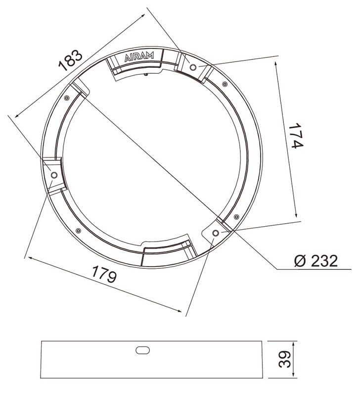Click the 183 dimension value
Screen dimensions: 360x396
coord(70,60)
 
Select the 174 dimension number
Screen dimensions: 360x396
coord(296,136)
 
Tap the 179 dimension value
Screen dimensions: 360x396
coord(104,274)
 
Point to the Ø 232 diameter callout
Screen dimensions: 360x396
coord(316,261)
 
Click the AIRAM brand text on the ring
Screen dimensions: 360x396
coord(139,57)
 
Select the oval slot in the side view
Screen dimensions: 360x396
coord(142,350)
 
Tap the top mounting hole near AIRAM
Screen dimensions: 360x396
coord(193,67)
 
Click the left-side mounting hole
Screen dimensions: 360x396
coord(54,175)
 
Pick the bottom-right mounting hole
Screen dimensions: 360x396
coord(215,233)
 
